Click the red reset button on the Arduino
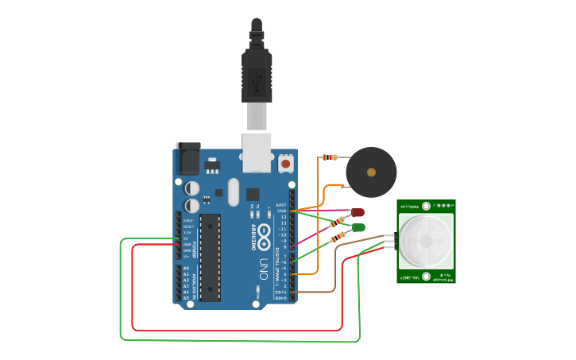tap(286, 164)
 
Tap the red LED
tap(358, 212)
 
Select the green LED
tap(358, 227)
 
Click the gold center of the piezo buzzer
tap(371, 172)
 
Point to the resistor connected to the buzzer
tap(329, 157)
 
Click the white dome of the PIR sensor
tap(426, 241)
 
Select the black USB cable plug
tap(256, 75)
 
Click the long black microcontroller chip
tap(210, 257)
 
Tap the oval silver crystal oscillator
tap(232, 192)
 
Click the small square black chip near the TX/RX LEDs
tap(253, 193)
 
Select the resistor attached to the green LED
tap(338, 235)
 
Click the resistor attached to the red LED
tap(339, 221)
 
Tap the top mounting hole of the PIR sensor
tap(426, 205)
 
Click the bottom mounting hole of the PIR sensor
tap(426, 276)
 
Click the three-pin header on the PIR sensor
tap(392, 242)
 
